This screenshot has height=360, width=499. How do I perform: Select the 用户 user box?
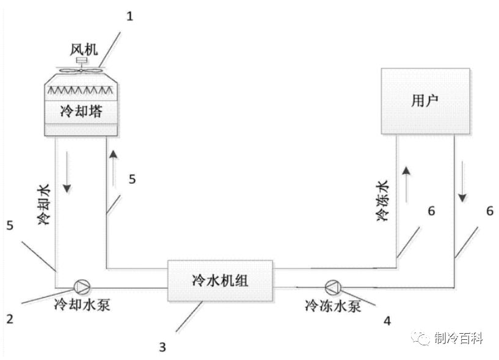pos(426,101)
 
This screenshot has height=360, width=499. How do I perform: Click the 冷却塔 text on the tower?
pos(81,111)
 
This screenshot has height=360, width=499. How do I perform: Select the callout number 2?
pos(10,318)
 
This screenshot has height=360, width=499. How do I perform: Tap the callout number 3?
pos(162,347)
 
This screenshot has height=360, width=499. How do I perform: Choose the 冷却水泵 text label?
pos(82,305)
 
